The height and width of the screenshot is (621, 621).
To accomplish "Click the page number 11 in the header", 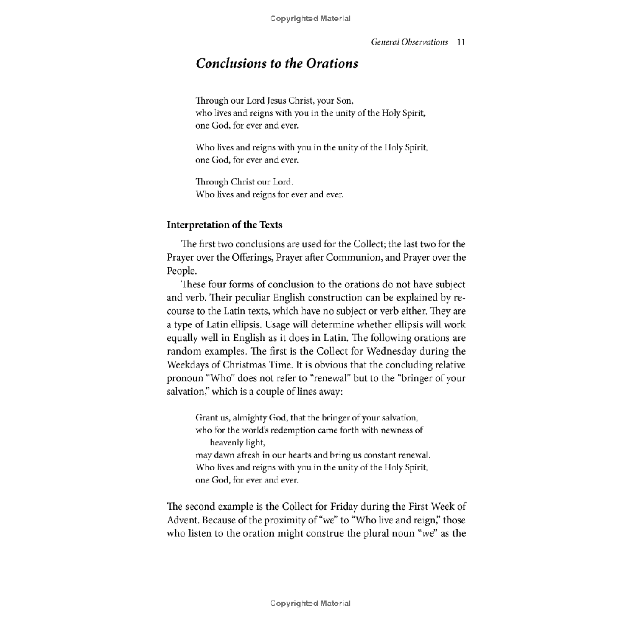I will [461, 42].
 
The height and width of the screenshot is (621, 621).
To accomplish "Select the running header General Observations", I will [409, 42].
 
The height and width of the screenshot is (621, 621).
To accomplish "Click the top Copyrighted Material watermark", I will [310, 19].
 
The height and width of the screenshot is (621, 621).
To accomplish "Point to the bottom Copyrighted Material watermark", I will [310, 603].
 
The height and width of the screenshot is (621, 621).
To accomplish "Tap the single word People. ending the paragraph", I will [181, 271].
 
